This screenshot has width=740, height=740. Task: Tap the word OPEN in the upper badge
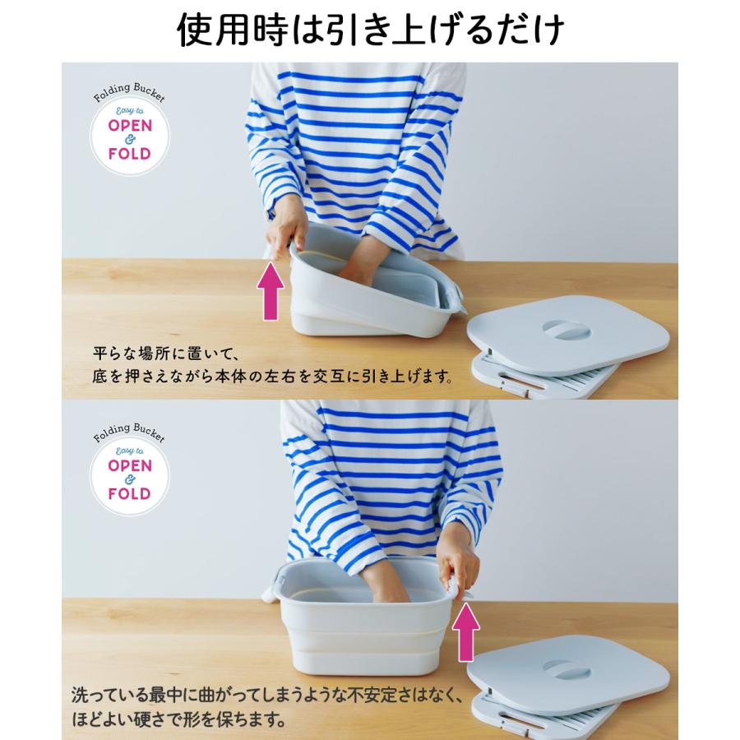[130, 125]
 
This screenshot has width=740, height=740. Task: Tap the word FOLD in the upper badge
[130, 154]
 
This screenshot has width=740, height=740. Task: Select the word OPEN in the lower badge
[130, 465]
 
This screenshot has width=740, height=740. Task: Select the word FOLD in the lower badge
[130, 494]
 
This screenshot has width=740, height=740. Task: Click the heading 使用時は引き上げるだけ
[370, 30]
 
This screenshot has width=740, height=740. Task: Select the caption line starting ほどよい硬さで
[176, 722]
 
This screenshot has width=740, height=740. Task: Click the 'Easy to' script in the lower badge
[130, 451]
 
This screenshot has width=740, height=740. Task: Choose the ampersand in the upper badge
[130, 140]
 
